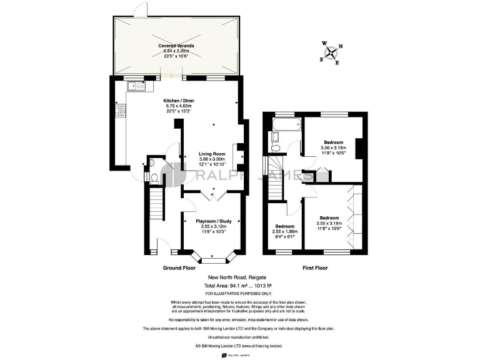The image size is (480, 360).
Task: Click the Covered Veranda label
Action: tap(175, 46)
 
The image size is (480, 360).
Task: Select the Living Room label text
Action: tap(212, 153)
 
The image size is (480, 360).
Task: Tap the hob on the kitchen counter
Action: tap(119, 112)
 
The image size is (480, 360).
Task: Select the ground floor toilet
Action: tap(154, 177)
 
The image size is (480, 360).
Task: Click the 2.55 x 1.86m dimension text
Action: tap(284, 231)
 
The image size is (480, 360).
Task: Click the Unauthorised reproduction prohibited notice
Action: tap(239, 336)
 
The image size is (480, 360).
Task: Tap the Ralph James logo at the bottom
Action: tap(239, 354)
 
